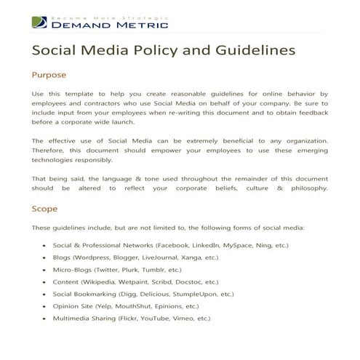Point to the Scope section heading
tap(45, 209)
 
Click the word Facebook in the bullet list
tap(167, 246)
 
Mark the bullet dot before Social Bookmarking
tap(46, 295)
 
